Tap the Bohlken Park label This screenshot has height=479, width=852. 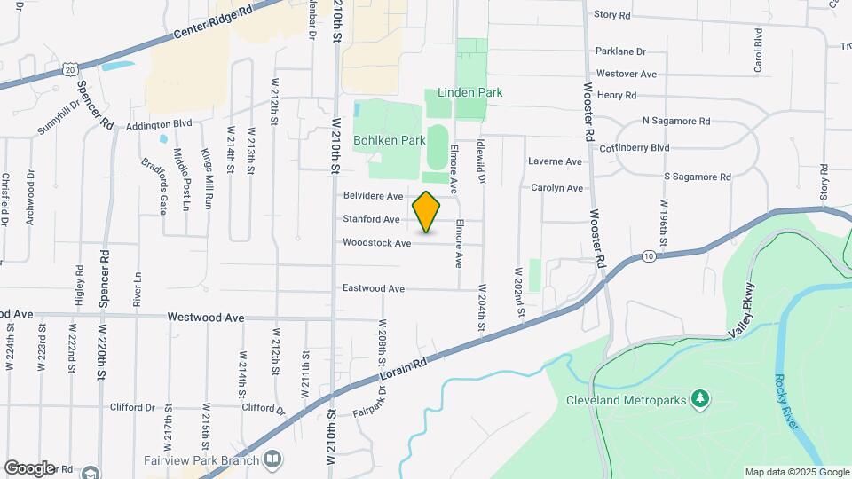389,140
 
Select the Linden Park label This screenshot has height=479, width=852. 470,92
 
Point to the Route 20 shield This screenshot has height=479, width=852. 71,67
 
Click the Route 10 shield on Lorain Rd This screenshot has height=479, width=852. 650,255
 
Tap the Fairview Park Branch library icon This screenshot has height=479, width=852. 273,459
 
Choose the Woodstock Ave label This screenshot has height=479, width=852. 377,242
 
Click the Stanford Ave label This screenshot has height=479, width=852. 372,219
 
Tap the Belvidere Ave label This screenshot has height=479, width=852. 374,195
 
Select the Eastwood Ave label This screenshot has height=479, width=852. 374,288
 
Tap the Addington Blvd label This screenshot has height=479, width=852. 159,125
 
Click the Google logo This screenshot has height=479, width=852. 28,467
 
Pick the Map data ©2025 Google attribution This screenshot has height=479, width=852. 796,472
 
